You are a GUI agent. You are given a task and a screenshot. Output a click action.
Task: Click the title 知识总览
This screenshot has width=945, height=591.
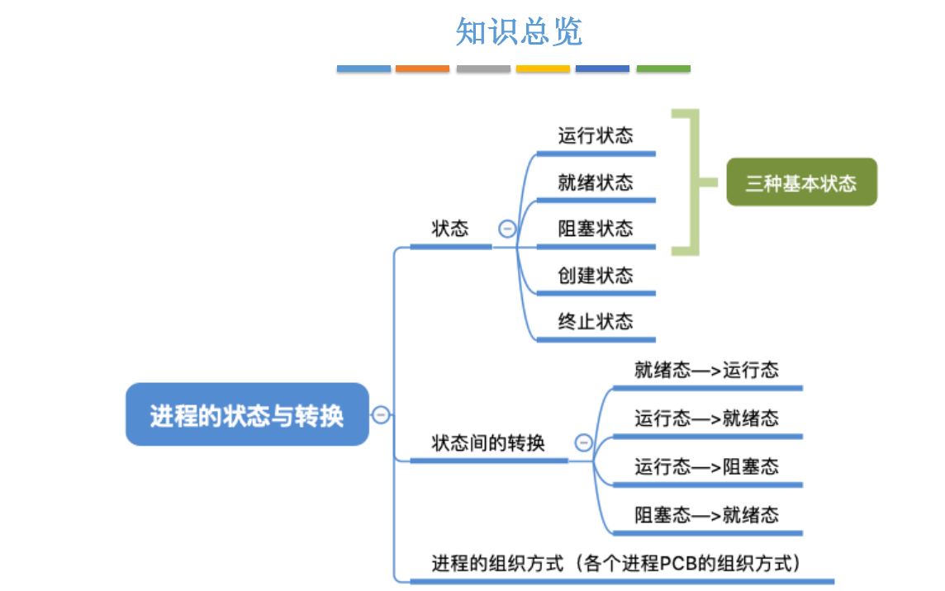(519, 31)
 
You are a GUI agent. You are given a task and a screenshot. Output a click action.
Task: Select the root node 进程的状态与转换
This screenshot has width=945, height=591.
(246, 414)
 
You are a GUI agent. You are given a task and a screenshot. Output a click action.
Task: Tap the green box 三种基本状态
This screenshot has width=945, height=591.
(800, 182)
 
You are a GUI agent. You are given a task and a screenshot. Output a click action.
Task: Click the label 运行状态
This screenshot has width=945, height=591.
(595, 135)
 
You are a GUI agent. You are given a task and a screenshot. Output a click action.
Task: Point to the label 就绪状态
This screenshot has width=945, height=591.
(595, 182)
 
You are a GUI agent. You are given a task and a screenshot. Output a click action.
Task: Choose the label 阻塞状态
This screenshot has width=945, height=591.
(595, 229)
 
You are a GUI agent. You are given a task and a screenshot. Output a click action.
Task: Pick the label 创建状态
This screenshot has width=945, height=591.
(595, 275)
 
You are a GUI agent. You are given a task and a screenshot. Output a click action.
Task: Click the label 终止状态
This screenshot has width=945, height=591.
(595, 321)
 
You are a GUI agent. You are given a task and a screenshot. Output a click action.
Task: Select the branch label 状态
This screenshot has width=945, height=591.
(450, 229)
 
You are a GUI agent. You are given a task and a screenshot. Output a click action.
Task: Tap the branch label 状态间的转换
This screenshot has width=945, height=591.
(488, 443)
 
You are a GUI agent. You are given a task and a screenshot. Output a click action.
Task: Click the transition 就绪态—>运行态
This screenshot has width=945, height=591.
(706, 369)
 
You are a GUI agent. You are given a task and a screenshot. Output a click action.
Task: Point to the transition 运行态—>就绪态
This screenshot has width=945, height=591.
(706, 418)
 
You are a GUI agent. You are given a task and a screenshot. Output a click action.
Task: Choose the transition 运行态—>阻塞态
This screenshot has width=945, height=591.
(706, 467)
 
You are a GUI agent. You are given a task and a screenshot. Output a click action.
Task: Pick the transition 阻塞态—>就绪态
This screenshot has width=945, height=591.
(706, 516)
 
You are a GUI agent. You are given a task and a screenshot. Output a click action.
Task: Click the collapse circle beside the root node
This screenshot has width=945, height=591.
(381, 414)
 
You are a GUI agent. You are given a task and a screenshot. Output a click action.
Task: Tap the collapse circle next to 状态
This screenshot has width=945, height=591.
(506, 229)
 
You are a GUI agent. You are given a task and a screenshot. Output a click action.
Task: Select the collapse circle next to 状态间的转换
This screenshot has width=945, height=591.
(583, 443)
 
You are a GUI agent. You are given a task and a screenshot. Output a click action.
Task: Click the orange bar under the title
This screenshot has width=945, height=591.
(422, 69)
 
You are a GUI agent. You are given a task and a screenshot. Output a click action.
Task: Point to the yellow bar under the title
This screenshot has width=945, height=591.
(543, 69)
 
